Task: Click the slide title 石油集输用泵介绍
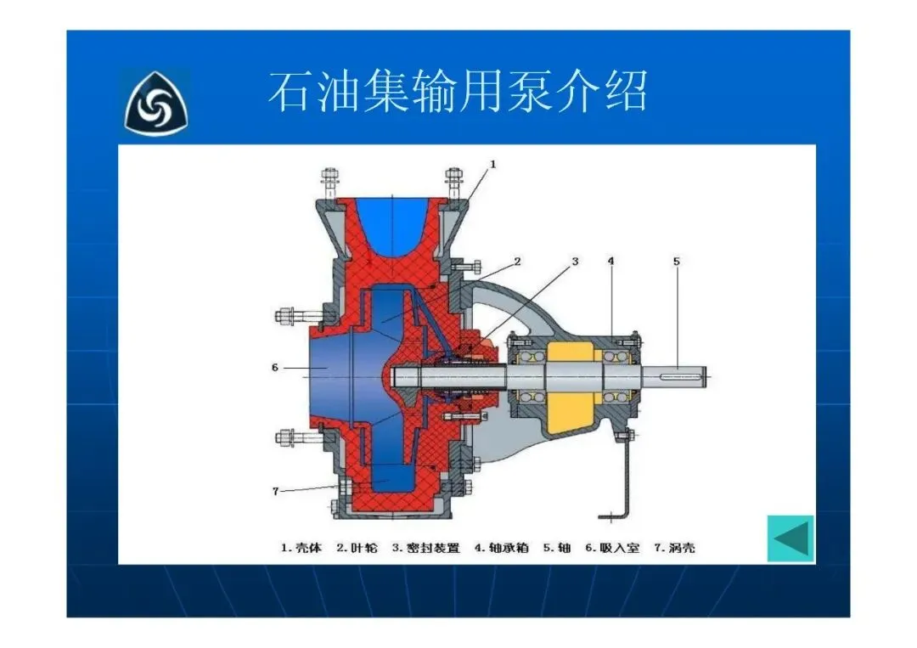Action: point(458,91)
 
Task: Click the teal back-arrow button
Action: point(790,538)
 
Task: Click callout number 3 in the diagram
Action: point(575,261)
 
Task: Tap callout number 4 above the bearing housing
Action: point(610,261)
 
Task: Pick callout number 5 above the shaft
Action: point(677,261)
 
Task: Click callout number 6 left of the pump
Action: point(275,368)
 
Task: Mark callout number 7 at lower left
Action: point(275,491)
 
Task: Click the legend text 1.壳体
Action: point(301,548)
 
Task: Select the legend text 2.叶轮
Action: point(357,548)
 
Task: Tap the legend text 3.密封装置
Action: point(425,548)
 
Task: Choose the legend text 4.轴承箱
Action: point(502,548)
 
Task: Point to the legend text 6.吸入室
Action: point(612,548)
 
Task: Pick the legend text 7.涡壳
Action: point(674,548)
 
